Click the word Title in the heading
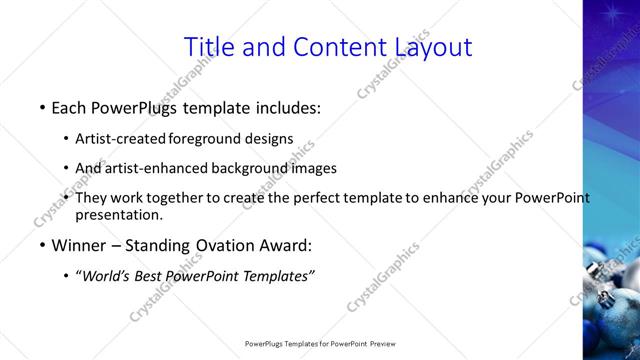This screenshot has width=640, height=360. click(x=213, y=46)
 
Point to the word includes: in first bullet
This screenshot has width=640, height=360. click(x=289, y=106)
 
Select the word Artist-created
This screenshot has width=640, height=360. click(x=121, y=138)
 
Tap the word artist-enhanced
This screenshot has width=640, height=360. click(x=150, y=168)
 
